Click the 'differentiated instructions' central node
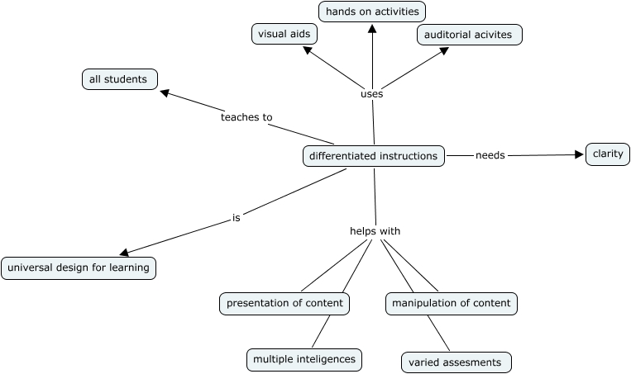click(x=374, y=155)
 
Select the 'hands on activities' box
click(x=372, y=12)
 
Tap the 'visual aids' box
click(x=284, y=35)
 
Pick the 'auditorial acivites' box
click(x=469, y=35)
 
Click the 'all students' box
click(x=119, y=79)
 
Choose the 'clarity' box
click(x=608, y=154)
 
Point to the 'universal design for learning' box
click(x=79, y=268)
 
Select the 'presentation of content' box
click(x=284, y=303)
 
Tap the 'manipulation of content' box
click(x=452, y=303)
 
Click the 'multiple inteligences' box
click(x=304, y=359)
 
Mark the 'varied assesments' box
click(x=457, y=362)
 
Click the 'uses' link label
click(x=372, y=94)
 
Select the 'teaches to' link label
click(x=246, y=117)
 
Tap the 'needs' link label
click(x=490, y=154)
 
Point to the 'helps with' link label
click(x=375, y=231)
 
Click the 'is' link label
click(x=237, y=219)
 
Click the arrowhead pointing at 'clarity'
click(x=580, y=154)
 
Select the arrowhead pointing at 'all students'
click(x=165, y=93)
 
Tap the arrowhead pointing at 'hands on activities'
click(x=372, y=28)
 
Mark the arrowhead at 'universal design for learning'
click(x=124, y=253)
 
